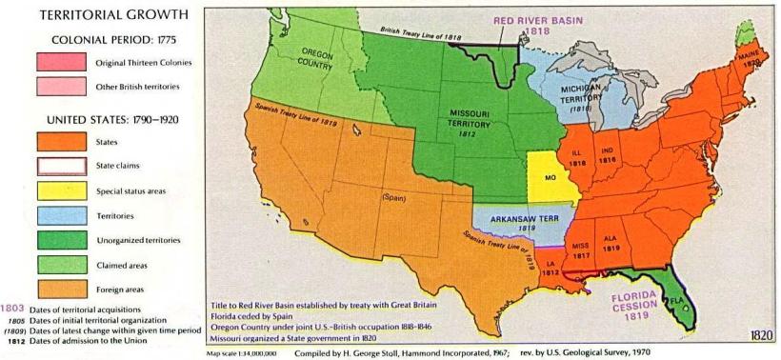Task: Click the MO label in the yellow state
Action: (x=550, y=178)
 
